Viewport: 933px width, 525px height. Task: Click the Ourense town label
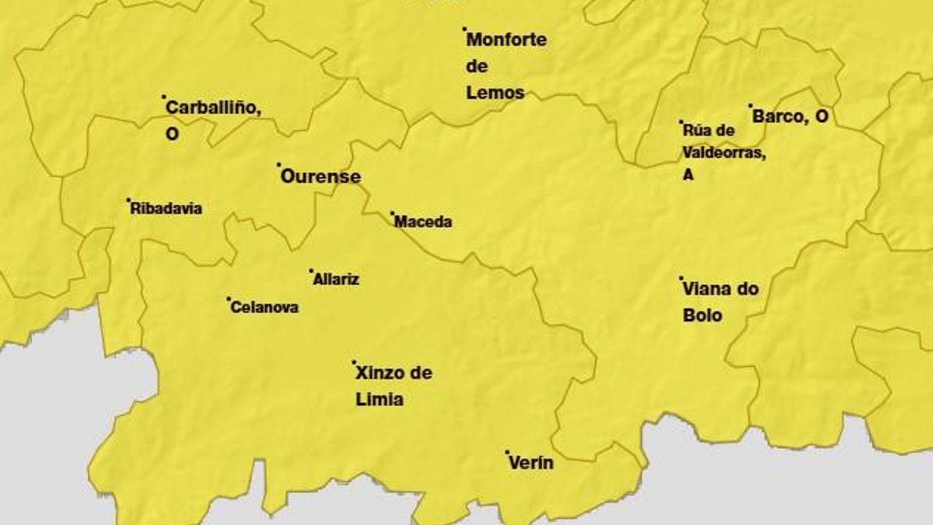pyautogui.click(x=321, y=176)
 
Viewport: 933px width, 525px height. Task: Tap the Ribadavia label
pyautogui.click(x=166, y=209)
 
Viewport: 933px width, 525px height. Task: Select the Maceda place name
pyautogui.click(x=423, y=222)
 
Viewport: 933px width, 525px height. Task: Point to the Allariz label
pyautogui.click(x=336, y=279)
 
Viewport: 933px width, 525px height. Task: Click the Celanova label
pyautogui.click(x=265, y=307)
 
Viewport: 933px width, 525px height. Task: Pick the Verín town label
pyautogui.click(x=531, y=463)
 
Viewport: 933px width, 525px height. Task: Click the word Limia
pyautogui.click(x=380, y=400)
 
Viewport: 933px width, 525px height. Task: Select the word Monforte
pyautogui.click(x=507, y=40)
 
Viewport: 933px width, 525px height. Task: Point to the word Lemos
pyautogui.click(x=496, y=92)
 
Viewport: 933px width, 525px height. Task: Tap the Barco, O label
pyautogui.click(x=790, y=116)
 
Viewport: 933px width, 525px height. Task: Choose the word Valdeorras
pyautogui.click(x=724, y=153)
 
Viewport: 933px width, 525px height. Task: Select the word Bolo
pyautogui.click(x=703, y=316)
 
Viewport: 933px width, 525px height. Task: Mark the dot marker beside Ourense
pyautogui.click(x=279, y=164)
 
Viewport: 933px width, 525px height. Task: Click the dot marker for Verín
pyautogui.click(x=507, y=452)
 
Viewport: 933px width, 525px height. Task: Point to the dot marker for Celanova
pyautogui.click(x=229, y=298)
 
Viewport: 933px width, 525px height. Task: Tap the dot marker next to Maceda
pyautogui.click(x=392, y=213)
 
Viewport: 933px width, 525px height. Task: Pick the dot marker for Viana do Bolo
pyautogui.click(x=681, y=278)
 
